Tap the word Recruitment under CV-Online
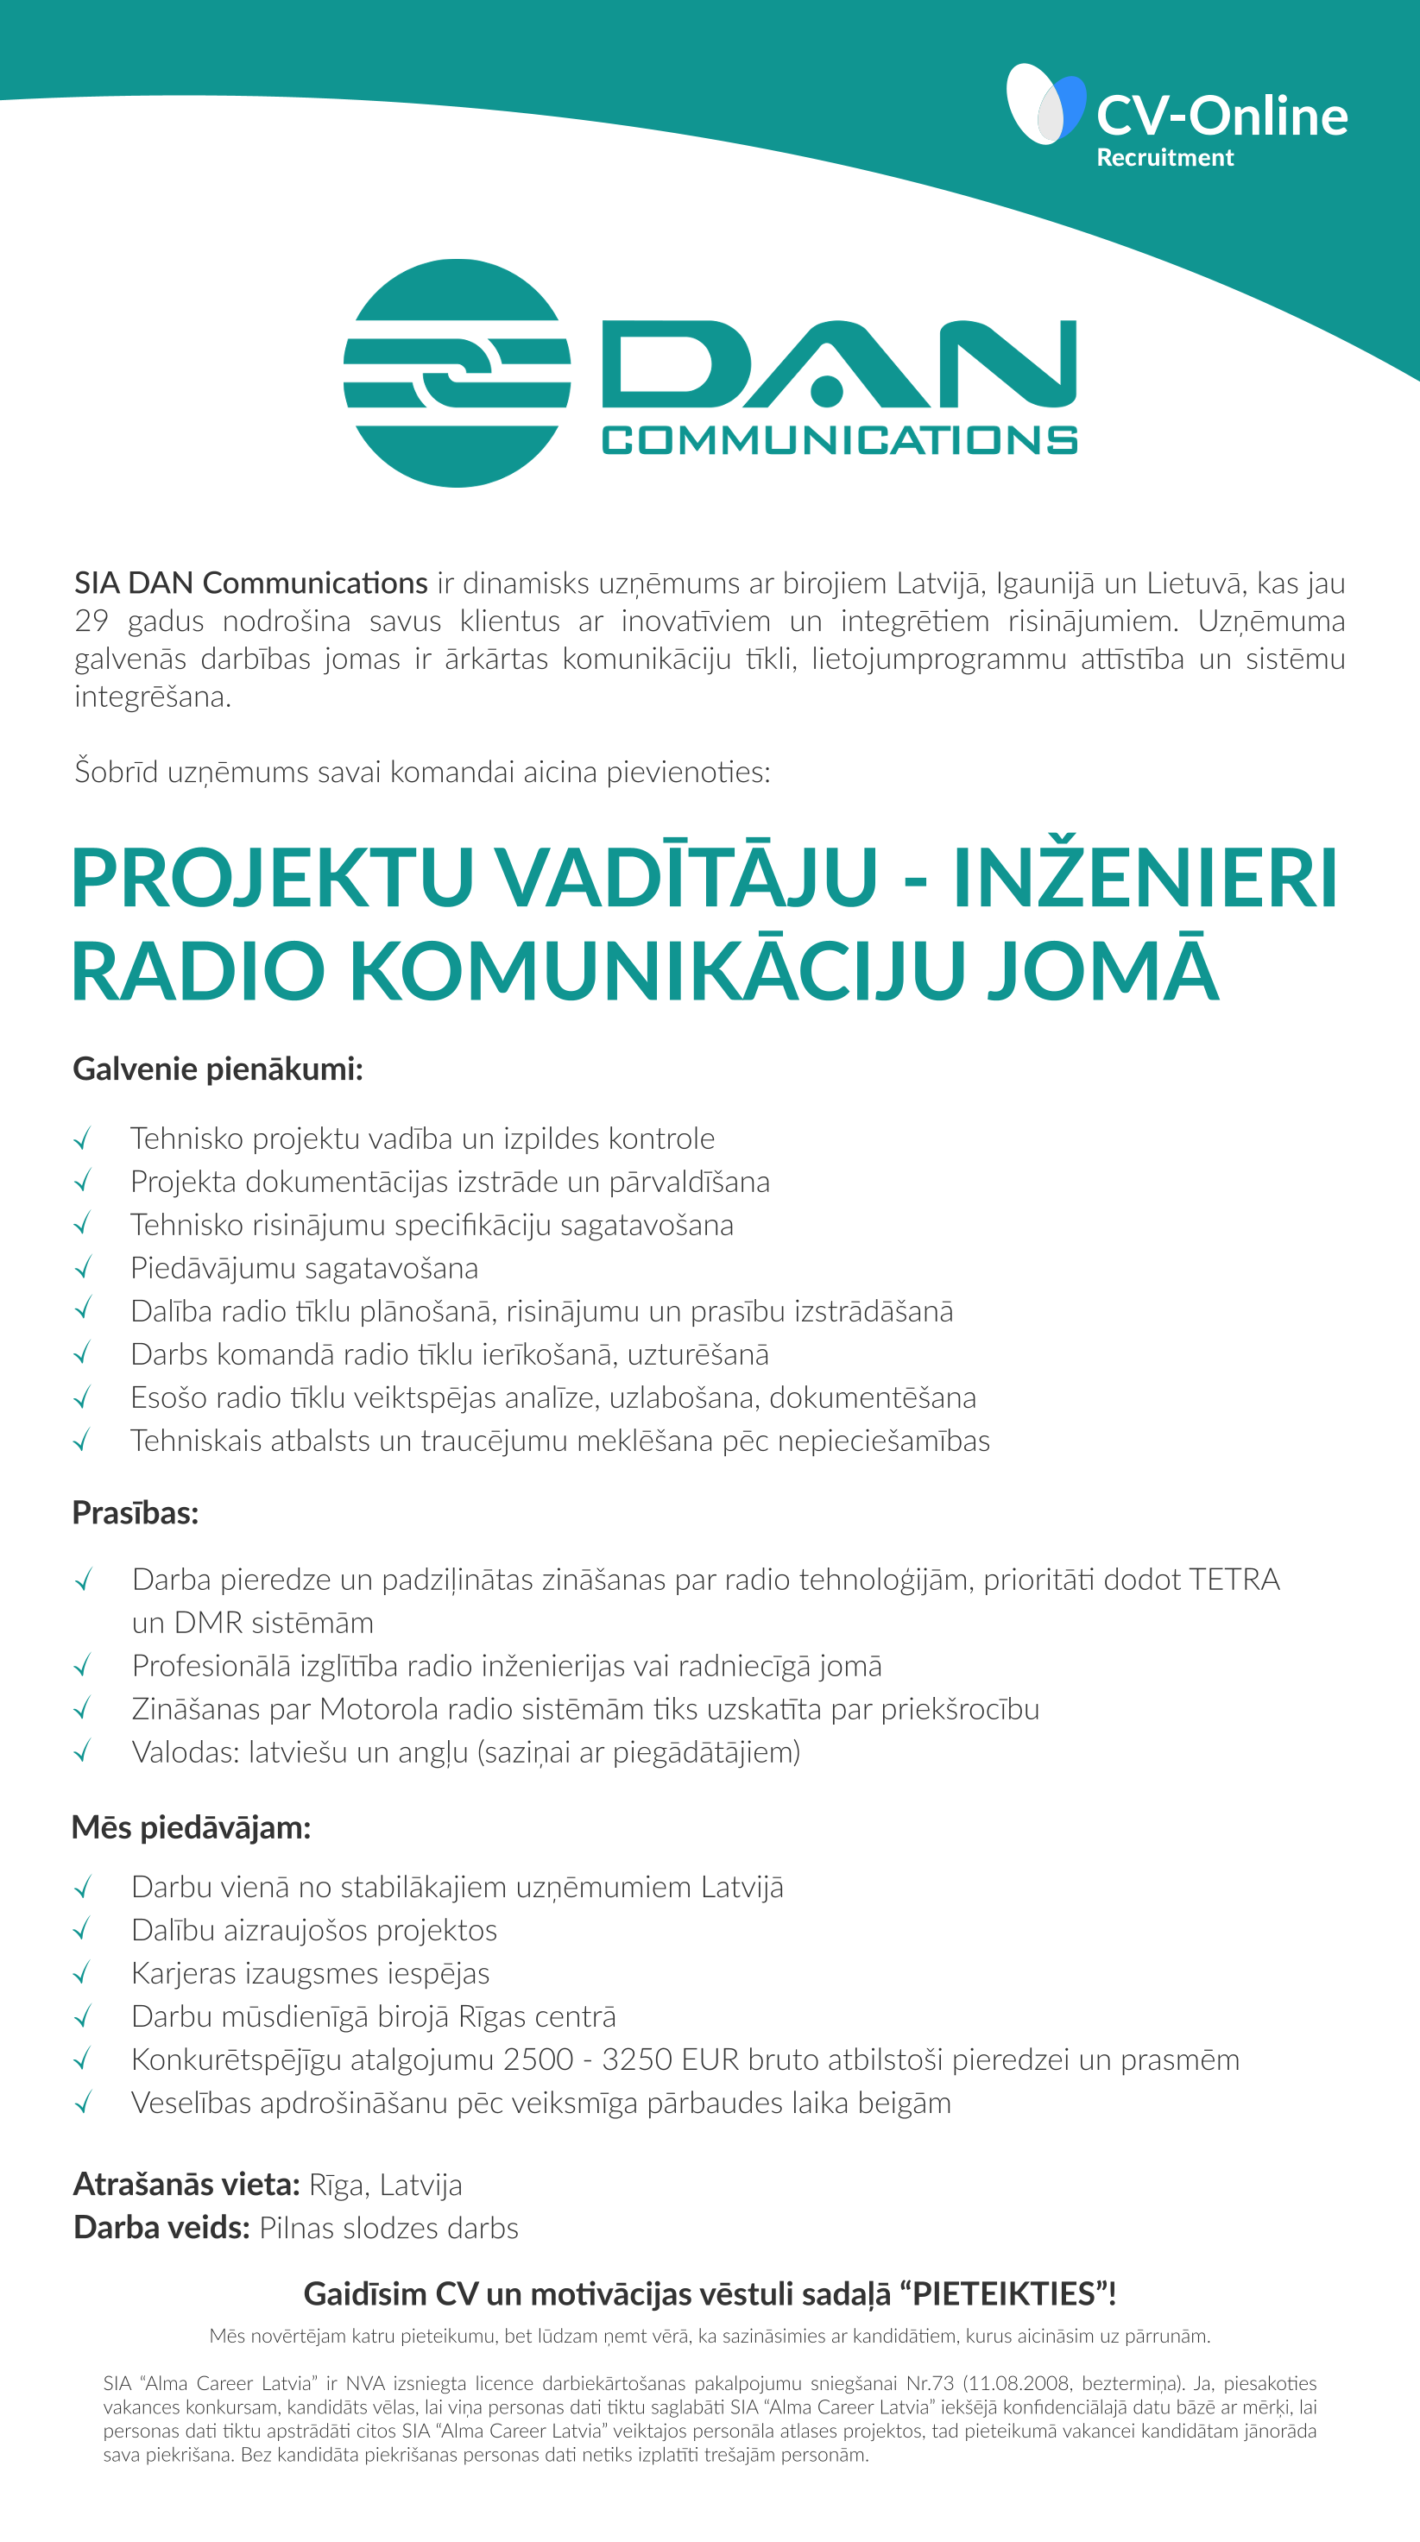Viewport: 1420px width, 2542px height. coord(1164,158)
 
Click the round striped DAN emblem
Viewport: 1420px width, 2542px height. coord(456,373)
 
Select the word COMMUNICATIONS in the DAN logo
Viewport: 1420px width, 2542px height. coord(839,440)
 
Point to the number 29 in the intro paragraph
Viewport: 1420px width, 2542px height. coord(91,621)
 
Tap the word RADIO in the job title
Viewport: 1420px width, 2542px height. coord(198,971)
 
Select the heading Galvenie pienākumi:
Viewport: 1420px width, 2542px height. coord(218,1069)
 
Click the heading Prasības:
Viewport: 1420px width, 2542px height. coord(136,1513)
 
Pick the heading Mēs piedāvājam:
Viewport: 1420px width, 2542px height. coord(192,1827)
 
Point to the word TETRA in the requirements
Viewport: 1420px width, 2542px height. coord(1234,1580)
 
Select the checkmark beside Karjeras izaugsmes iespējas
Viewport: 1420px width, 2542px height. coord(83,1972)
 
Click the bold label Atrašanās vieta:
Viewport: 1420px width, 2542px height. coord(186,2185)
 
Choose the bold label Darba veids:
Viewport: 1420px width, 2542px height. coord(161,2228)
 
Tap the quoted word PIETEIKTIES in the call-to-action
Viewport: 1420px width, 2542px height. coord(1004,2293)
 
